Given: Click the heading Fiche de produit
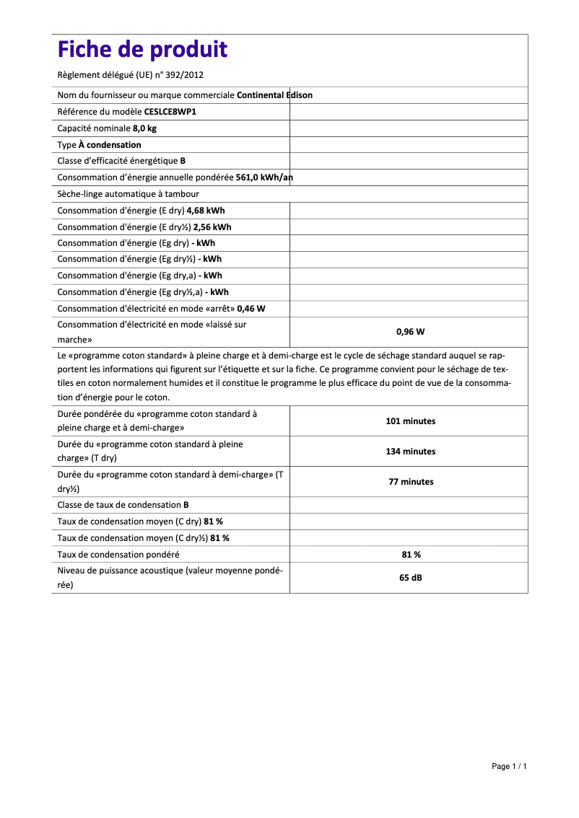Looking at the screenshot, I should click(x=142, y=50).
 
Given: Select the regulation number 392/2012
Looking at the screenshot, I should click(x=186, y=75).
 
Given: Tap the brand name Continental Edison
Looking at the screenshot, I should click(x=274, y=95).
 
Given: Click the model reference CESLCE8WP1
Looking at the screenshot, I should click(x=170, y=112).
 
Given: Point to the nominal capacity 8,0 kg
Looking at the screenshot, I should click(x=144, y=128).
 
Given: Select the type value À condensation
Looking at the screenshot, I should click(x=110, y=145).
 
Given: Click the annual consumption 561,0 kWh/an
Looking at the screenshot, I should click(x=264, y=177).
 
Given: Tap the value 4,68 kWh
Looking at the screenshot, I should click(x=206, y=211).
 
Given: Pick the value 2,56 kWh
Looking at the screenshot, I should click(x=212, y=227).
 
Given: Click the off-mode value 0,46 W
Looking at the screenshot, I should click(x=251, y=309).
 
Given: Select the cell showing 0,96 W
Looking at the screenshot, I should click(x=410, y=332).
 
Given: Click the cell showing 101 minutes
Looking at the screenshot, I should click(x=410, y=421).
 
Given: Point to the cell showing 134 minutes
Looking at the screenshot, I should click(x=410, y=452).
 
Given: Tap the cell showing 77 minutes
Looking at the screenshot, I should click(x=410, y=482).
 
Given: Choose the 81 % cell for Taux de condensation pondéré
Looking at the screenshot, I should click(x=410, y=555).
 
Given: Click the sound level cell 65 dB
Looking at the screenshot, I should click(x=410, y=578).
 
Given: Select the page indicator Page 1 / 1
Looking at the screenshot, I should click(x=509, y=766).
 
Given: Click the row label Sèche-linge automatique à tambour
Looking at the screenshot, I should click(x=128, y=194).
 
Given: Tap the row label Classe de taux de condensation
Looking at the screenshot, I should click(x=119, y=506).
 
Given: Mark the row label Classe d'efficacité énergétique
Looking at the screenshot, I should click(x=118, y=162).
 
